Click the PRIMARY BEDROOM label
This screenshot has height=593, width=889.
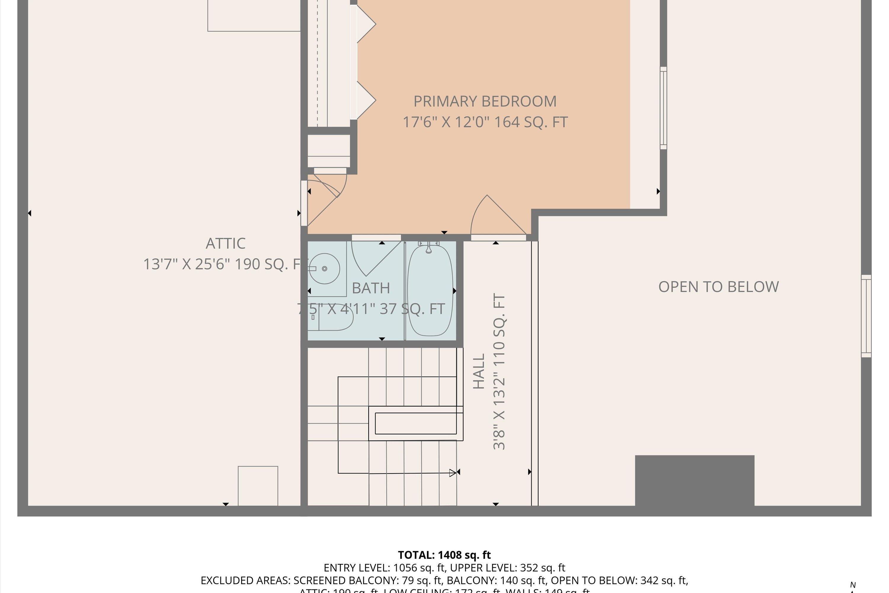click(x=485, y=101)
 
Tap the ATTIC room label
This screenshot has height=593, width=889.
click(x=226, y=243)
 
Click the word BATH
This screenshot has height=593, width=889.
click(x=371, y=288)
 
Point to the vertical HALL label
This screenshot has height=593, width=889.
click(x=479, y=372)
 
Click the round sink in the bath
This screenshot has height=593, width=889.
click(x=324, y=269)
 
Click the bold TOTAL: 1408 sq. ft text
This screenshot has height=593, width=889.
click(x=444, y=555)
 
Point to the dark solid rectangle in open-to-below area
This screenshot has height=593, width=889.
click(x=694, y=480)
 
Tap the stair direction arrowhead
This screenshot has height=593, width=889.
click(x=453, y=473)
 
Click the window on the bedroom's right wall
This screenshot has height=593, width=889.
click(x=663, y=108)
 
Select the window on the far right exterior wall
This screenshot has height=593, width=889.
click(x=866, y=316)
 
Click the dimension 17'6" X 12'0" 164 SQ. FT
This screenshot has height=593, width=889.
click(x=485, y=122)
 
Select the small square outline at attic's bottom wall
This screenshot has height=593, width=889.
click(x=258, y=486)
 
